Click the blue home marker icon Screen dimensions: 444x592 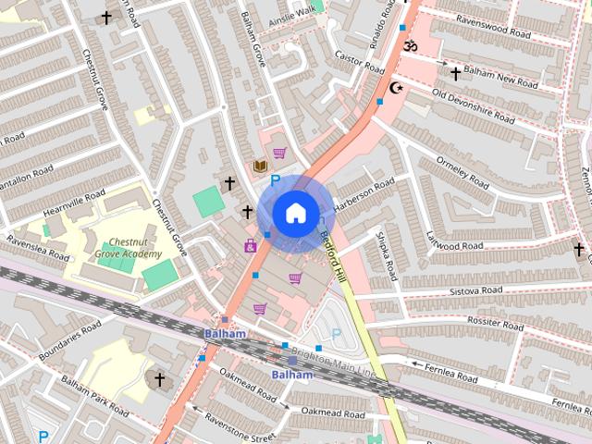point(294,213)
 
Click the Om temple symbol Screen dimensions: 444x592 point(412,45)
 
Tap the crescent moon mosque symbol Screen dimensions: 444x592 point(399,88)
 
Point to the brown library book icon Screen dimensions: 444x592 point(260,166)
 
